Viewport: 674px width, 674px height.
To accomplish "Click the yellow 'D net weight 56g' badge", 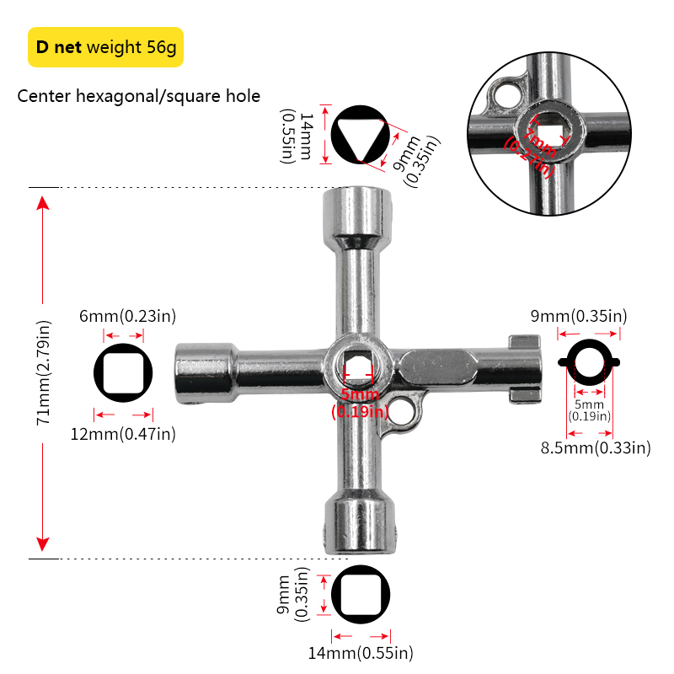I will click(x=105, y=46).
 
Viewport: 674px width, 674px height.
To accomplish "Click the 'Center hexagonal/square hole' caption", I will click(x=139, y=96).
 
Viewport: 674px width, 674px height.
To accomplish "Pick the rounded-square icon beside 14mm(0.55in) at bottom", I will click(x=361, y=596).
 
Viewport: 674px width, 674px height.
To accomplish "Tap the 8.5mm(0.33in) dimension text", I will click(x=596, y=448).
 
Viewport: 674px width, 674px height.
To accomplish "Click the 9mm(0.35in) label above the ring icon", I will click(x=579, y=317).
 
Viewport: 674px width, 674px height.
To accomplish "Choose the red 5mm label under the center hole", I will click(x=360, y=403).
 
